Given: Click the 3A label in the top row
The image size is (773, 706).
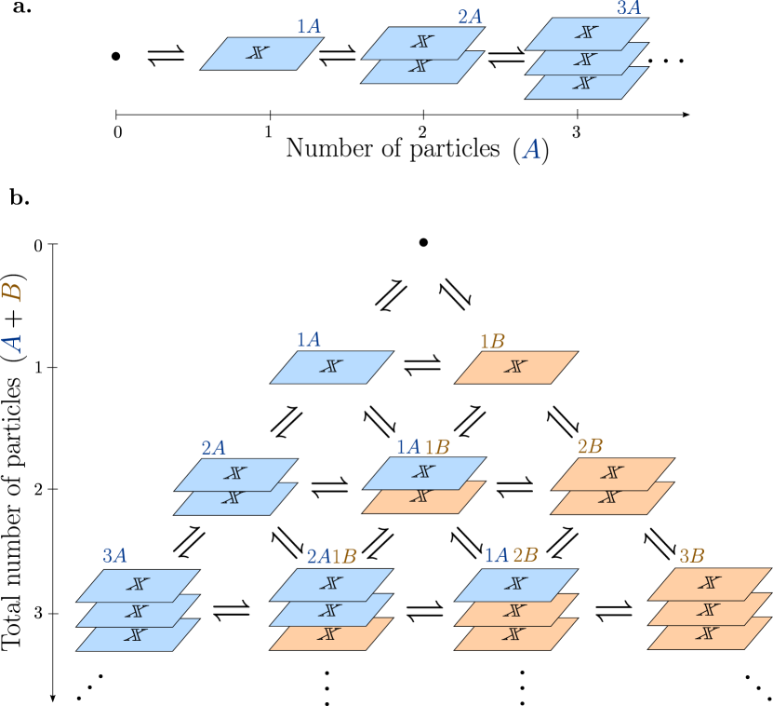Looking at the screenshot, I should tap(629, 8).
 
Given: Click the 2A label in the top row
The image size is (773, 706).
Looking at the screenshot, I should tap(470, 18).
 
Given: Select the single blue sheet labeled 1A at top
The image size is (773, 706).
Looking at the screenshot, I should tap(261, 53).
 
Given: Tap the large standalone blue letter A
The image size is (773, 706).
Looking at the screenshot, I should tap(531, 149).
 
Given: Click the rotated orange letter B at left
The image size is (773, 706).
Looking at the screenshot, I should tap(12, 292).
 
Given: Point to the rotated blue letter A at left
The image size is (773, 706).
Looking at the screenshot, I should tap(12, 343).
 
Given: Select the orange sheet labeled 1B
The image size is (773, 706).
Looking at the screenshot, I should tap(515, 367).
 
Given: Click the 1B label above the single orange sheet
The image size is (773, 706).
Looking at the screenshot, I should tap(492, 341).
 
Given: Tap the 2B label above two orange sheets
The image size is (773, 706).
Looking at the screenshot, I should tap(590, 447).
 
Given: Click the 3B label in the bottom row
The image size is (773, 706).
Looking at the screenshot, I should tap(691, 556).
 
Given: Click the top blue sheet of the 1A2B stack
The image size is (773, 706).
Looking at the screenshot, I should tap(514, 584).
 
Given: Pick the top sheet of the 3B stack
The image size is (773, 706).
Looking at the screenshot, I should tap(709, 583).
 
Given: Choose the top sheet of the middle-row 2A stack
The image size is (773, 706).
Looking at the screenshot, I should tap(234, 473).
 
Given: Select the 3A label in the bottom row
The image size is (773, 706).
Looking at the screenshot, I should tap(114, 556).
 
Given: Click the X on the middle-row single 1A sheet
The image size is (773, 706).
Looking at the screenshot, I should tap(331, 367).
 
